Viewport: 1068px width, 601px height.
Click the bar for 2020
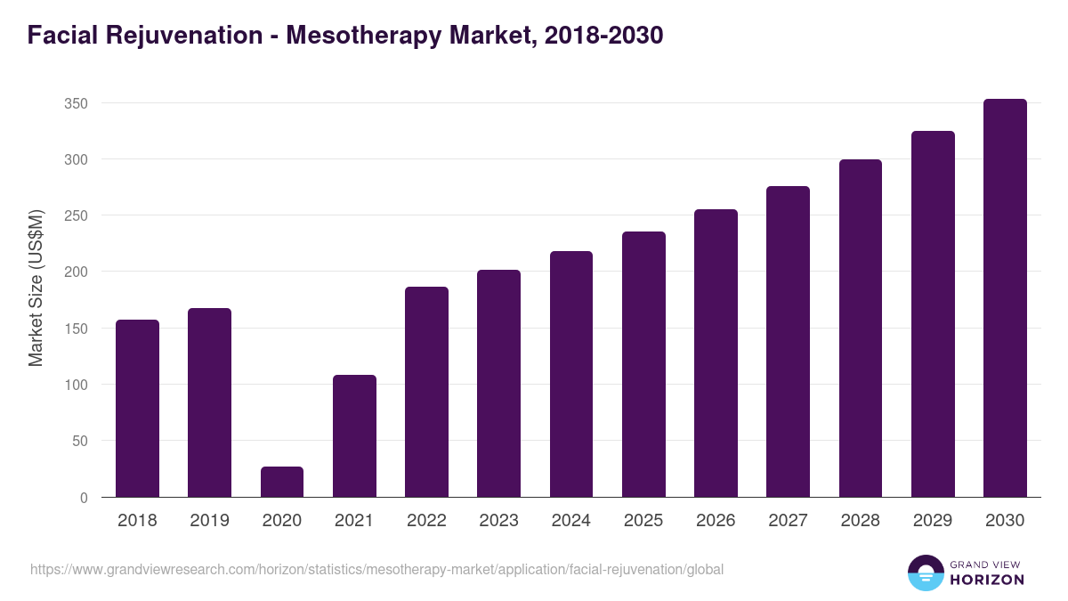click(282, 482)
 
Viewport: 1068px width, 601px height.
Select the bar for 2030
click(1005, 298)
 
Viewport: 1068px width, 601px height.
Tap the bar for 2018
click(137, 408)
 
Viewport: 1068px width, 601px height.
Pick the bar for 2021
click(354, 435)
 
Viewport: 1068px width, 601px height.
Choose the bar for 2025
click(643, 364)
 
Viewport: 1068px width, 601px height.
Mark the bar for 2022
click(426, 392)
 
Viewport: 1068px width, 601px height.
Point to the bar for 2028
click(861, 328)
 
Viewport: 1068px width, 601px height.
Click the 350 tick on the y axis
click(76, 103)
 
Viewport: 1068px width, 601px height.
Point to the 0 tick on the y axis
click(84, 498)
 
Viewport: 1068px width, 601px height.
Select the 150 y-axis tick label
click(76, 329)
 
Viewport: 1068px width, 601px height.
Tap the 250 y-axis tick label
click(76, 215)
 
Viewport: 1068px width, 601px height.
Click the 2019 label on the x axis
click(209, 521)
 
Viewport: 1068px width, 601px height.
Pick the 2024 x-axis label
click(570, 521)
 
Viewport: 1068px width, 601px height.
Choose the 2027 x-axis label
click(788, 521)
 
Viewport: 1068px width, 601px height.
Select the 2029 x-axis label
click(933, 521)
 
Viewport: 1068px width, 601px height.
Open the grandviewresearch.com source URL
click(376, 569)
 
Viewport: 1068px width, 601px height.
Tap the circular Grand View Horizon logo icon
click(926, 573)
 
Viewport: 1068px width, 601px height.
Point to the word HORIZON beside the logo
click(988, 580)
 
